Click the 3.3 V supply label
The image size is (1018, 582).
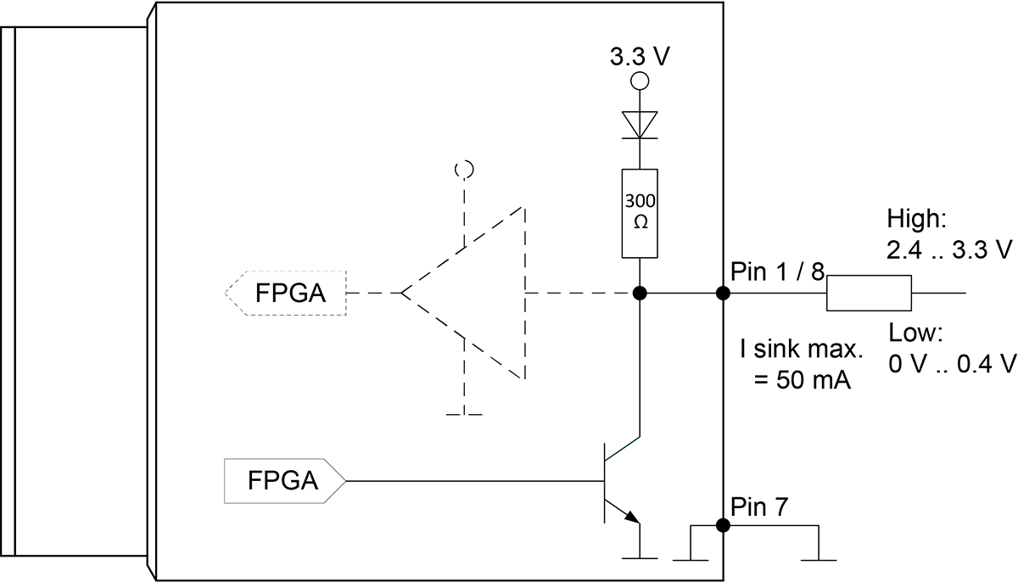coord(640,57)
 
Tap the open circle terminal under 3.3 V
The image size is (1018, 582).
coord(640,81)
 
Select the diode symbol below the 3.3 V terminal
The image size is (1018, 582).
coord(640,125)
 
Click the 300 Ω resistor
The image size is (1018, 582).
coord(640,214)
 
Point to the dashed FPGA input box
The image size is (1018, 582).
coord(285,293)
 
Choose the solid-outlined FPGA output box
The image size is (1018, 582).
coord(285,481)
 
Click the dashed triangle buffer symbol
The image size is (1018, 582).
coord(463,293)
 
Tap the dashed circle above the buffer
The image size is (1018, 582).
coord(465,169)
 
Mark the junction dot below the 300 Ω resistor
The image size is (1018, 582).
coord(640,293)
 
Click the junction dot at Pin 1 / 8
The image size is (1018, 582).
coord(723,293)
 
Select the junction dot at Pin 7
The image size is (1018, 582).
coord(723,525)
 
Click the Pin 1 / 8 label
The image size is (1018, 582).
coord(777,271)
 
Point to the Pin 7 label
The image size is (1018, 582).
coord(759,506)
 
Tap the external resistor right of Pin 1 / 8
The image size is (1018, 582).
coord(869,293)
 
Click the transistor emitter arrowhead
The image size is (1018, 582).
coord(632,517)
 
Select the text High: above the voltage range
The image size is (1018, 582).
coord(917,219)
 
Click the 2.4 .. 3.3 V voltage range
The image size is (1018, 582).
coord(950,249)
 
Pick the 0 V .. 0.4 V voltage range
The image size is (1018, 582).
coord(952,364)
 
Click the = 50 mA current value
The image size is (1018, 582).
coord(803,380)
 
